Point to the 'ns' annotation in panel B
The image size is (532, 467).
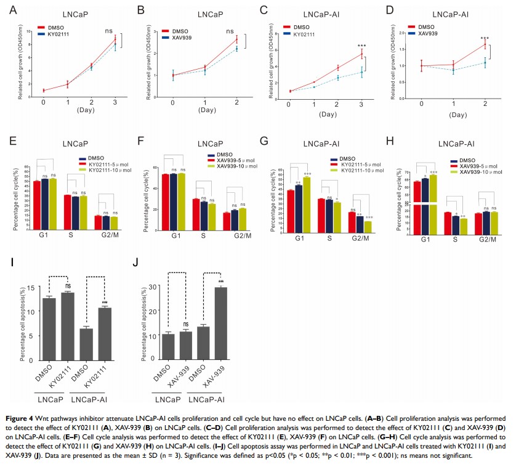coord(230,31)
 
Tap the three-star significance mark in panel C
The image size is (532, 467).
coord(361,46)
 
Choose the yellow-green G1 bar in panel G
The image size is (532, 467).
coord(306,198)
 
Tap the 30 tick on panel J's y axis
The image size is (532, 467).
coord(150,287)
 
